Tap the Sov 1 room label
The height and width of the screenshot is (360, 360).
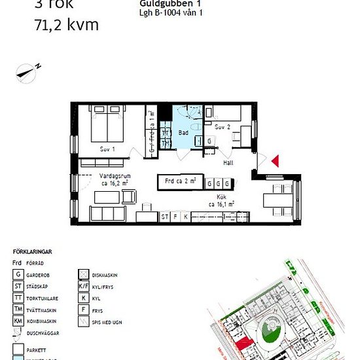107,149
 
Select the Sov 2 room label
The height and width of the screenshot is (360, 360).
223,126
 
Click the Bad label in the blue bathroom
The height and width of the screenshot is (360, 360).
183,132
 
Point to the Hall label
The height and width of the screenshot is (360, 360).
228,162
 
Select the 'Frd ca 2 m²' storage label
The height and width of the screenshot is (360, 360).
177,181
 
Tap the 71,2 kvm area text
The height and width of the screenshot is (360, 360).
65,26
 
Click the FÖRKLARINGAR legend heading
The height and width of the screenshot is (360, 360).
32,251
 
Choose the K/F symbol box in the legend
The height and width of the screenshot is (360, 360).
83,286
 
